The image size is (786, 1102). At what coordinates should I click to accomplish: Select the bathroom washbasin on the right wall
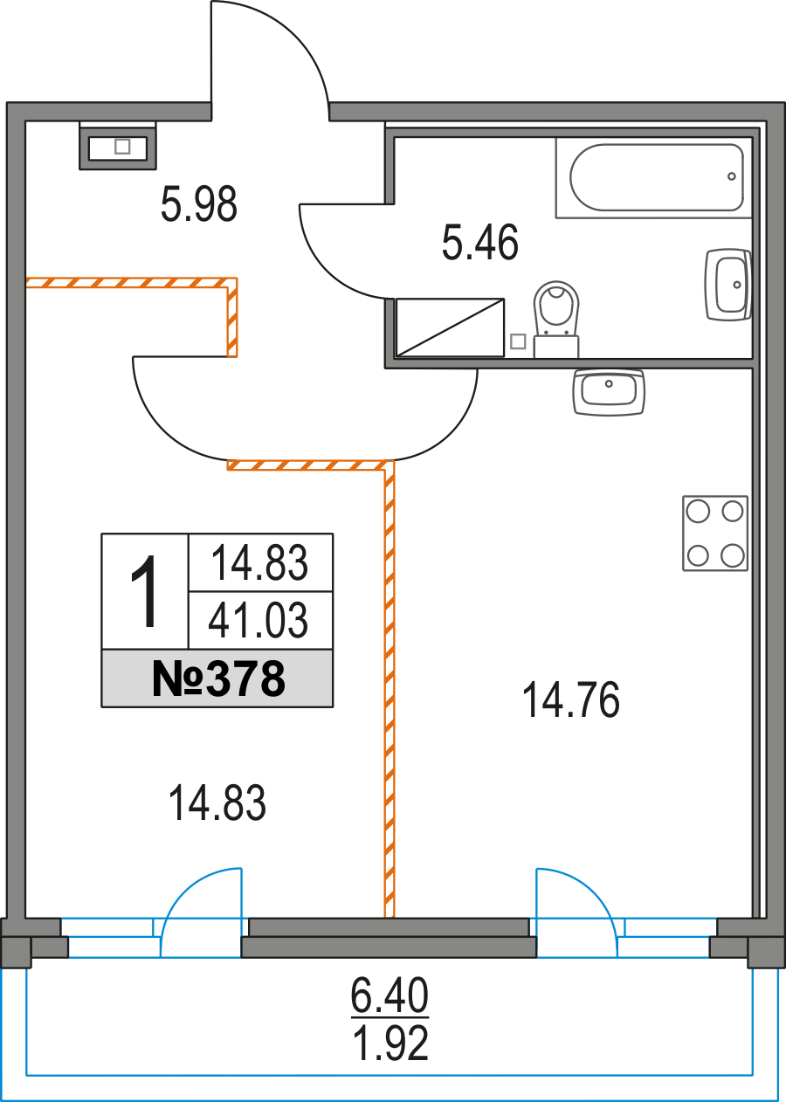(727, 285)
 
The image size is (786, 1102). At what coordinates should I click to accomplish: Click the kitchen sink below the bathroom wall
(609, 389)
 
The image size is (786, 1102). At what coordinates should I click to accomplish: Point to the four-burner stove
(715, 533)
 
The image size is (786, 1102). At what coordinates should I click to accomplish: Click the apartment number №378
(217, 678)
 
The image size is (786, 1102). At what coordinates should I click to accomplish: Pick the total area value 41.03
(259, 621)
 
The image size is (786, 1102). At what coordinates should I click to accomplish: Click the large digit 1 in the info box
(145, 592)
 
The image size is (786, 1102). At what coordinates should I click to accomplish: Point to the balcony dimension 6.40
(390, 995)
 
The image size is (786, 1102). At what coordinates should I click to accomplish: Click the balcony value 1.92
(390, 1043)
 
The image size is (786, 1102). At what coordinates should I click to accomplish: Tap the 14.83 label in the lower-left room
(217, 803)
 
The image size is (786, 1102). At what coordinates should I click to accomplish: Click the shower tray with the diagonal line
(451, 327)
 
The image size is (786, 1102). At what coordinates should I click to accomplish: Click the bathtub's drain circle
(732, 176)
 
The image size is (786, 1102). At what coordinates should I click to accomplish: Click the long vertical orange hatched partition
(390, 690)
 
